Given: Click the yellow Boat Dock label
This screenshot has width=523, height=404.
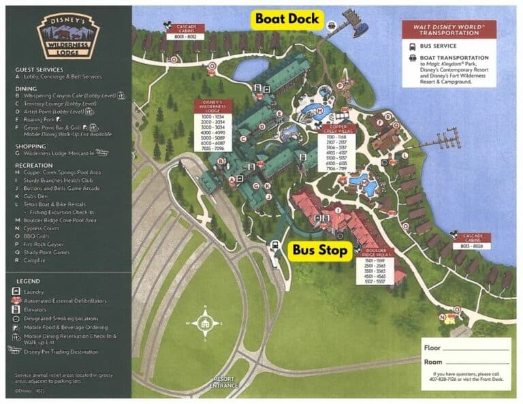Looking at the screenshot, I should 286,19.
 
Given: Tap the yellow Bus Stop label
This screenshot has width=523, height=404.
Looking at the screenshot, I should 320,250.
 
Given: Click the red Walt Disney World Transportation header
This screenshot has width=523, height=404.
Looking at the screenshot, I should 448,29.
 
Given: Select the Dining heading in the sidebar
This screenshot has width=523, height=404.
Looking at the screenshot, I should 26,88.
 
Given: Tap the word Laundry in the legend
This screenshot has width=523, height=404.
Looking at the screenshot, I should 36,291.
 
